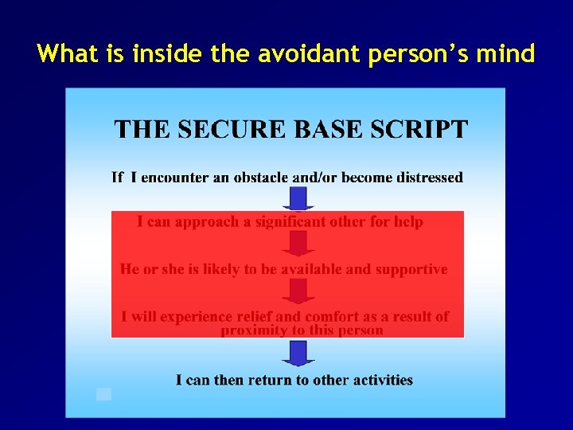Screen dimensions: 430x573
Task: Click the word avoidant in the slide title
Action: pyautogui.click(x=287, y=54)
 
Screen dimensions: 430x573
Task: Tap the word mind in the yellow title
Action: pyautogui.click(x=505, y=54)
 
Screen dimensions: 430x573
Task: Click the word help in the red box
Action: pyautogui.click(x=407, y=222)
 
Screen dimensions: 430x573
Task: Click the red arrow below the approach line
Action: pyautogui.click(x=298, y=244)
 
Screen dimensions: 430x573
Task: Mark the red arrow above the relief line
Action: pyautogui.click(x=298, y=291)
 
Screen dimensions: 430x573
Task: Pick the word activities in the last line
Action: pyautogui.click(x=380, y=380)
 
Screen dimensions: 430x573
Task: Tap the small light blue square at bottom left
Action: pyautogui.click(x=103, y=393)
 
